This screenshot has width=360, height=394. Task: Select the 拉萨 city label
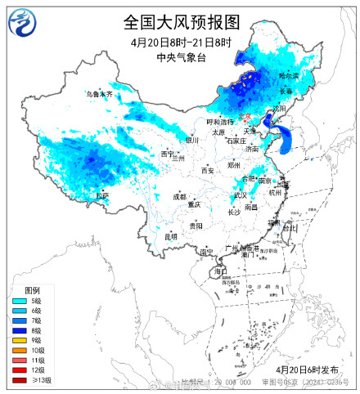pos(101,196)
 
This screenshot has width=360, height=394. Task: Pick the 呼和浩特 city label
pos(219,121)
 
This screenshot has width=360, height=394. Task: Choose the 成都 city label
pos(179,196)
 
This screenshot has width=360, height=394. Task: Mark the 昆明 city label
pos(170,236)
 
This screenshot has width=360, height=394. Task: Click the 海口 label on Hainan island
pos(220,271)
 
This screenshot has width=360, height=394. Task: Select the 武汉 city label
pos(240,195)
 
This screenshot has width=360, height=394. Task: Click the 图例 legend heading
pos(32,291)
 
